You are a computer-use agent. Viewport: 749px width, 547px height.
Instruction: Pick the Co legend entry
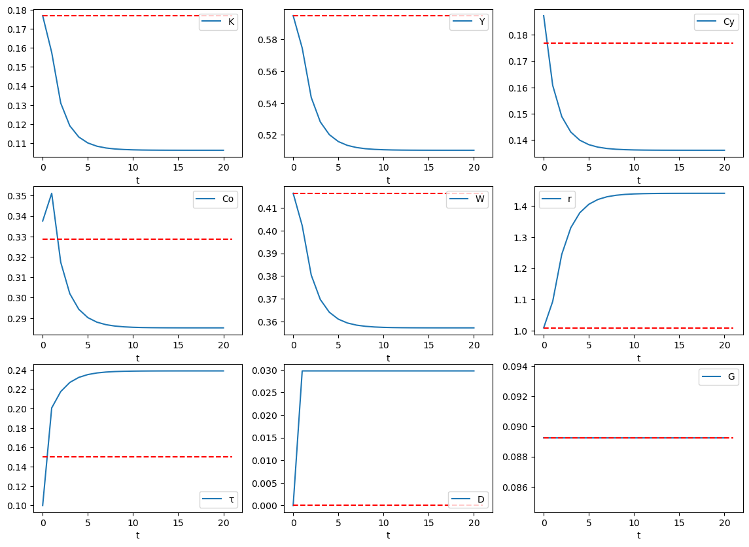pyautogui.click(x=215, y=200)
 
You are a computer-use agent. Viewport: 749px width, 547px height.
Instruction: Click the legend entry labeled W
pyautogui.click(x=467, y=200)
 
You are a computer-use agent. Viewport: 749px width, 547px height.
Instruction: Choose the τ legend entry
pyautogui.click(x=218, y=500)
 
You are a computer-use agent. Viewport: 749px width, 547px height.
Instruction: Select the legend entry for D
pyautogui.click(x=468, y=500)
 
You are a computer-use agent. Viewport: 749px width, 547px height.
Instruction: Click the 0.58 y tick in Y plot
pyautogui.click(x=269, y=40)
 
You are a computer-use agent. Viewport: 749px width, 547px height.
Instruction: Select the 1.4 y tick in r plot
pyautogui.click(x=525, y=206)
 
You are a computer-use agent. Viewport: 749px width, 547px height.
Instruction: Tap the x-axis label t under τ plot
pyautogui.click(x=137, y=535)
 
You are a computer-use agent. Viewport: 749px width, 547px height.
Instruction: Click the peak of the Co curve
pyautogui.click(x=52, y=193)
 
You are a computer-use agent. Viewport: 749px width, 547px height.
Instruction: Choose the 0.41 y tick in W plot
pyautogui.click(x=269, y=208)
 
